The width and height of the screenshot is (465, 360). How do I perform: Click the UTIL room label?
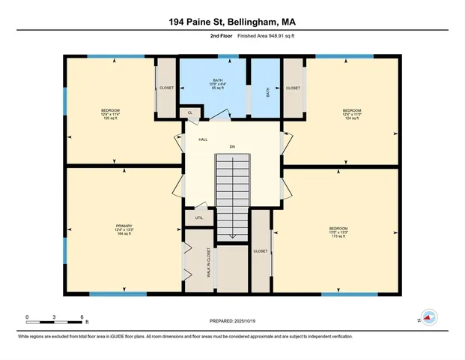click(199, 218)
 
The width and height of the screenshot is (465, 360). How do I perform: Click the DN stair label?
click(232, 145)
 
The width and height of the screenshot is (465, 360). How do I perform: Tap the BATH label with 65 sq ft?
click(217, 84)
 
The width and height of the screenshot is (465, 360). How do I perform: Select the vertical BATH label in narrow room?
click(268, 91)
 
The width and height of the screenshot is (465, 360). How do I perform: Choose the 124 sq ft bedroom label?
click(352, 114)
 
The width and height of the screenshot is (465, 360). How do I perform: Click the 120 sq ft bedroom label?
click(111, 114)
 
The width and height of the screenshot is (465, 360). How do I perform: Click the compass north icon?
click(428, 317)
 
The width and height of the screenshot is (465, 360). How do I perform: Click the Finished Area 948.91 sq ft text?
click(258, 36)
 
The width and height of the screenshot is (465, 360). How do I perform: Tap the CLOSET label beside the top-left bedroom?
click(167, 88)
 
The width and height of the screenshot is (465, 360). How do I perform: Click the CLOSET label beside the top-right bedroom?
click(293, 88)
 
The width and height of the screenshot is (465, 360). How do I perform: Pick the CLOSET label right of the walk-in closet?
click(261, 251)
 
